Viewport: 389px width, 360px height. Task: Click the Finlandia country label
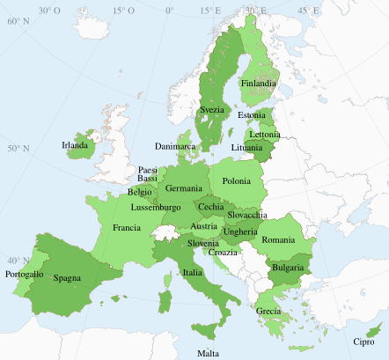click(x=258, y=84)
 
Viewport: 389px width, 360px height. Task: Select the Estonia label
click(x=252, y=115)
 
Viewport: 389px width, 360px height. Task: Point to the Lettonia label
click(x=264, y=134)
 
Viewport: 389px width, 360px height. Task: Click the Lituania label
click(x=246, y=147)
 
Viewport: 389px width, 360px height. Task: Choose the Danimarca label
click(x=176, y=145)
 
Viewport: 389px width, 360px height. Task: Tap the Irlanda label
click(x=75, y=145)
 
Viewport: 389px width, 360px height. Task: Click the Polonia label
click(x=236, y=181)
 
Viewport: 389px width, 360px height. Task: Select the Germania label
click(x=183, y=188)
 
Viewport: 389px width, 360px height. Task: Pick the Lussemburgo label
click(x=156, y=208)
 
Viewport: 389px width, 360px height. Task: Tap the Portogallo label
click(x=24, y=275)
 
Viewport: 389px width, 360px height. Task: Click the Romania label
click(x=278, y=239)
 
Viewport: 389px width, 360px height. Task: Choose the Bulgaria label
click(x=288, y=267)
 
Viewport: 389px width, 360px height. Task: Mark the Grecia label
click(x=268, y=312)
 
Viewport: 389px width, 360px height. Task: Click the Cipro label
click(x=363, y=342)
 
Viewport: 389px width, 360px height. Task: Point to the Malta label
click(x=209, y=353)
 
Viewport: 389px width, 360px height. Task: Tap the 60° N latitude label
click(x=18, y=18)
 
